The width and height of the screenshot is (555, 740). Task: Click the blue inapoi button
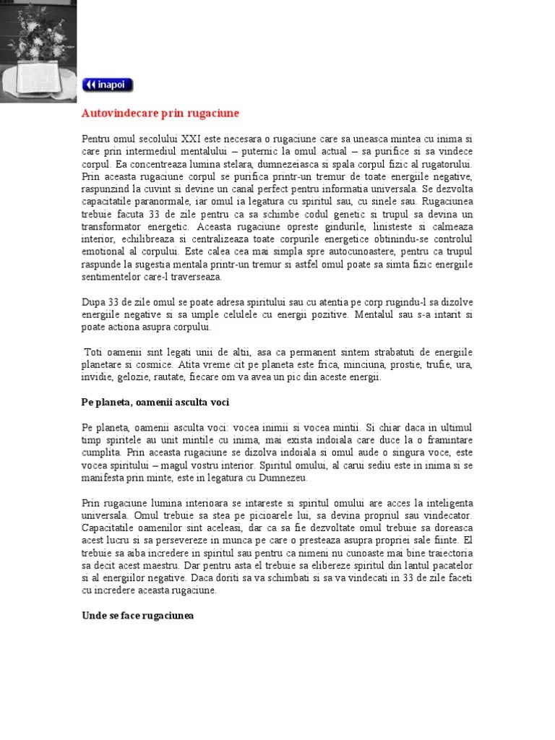(108, 85)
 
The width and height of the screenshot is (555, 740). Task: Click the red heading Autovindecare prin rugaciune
(160, 113)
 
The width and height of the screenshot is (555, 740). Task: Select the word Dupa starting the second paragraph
(92, 301)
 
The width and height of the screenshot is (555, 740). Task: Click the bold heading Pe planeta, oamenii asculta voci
(155, 402)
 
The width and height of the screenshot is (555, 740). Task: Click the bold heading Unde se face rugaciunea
(138, 616)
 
